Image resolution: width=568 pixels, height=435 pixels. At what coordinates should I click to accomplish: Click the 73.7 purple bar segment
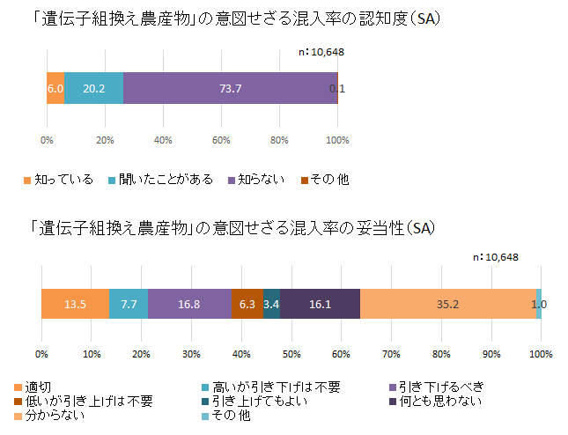pos(231,88)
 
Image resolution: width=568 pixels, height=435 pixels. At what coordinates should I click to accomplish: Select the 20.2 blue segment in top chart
pos(94,88)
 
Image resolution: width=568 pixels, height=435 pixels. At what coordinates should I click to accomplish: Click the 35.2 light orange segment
pos(448,304)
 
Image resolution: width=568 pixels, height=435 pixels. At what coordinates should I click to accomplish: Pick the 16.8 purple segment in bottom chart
pos(189,304)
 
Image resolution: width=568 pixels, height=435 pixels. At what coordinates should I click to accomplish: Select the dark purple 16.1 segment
pos(320,304)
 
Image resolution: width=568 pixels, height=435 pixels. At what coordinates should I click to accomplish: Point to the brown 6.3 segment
pos(247,304)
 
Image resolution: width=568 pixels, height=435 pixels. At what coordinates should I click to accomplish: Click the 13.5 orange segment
pos(75,304)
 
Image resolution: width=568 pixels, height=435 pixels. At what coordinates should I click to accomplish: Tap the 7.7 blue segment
pos(129,304)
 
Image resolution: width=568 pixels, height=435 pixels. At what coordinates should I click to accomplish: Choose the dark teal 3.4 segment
pos(271,304)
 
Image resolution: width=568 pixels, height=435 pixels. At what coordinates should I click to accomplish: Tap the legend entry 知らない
pos(256,180)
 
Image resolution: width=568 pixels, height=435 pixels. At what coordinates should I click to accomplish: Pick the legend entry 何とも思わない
pos(435,401)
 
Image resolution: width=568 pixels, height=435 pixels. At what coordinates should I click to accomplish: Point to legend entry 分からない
pos(55,415)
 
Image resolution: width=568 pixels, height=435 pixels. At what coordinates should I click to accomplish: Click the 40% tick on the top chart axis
pos(163,140)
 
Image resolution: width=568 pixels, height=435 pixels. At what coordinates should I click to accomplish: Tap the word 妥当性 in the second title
pos(379,228)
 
